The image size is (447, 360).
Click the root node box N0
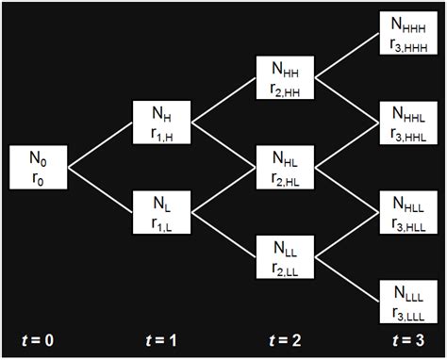(x=38, y=169)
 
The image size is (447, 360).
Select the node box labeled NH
(x=162, y=124)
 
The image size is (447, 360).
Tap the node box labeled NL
(x=162, y=213)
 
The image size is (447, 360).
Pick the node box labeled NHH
(x=286, y=79)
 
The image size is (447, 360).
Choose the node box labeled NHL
(x=286, y=169)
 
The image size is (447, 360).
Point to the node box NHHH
(x=408, y=35)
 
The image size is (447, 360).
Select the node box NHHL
(x=408, y=124)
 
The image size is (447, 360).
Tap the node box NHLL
(x=408, y=213)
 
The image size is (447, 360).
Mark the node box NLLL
(x=408, y=302)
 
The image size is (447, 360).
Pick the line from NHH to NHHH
(x=347, y=57)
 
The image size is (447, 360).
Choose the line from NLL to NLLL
(x=347, y=280)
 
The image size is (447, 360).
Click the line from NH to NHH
(x=223, y=102)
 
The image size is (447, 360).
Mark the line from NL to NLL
(x=223, y=236)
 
